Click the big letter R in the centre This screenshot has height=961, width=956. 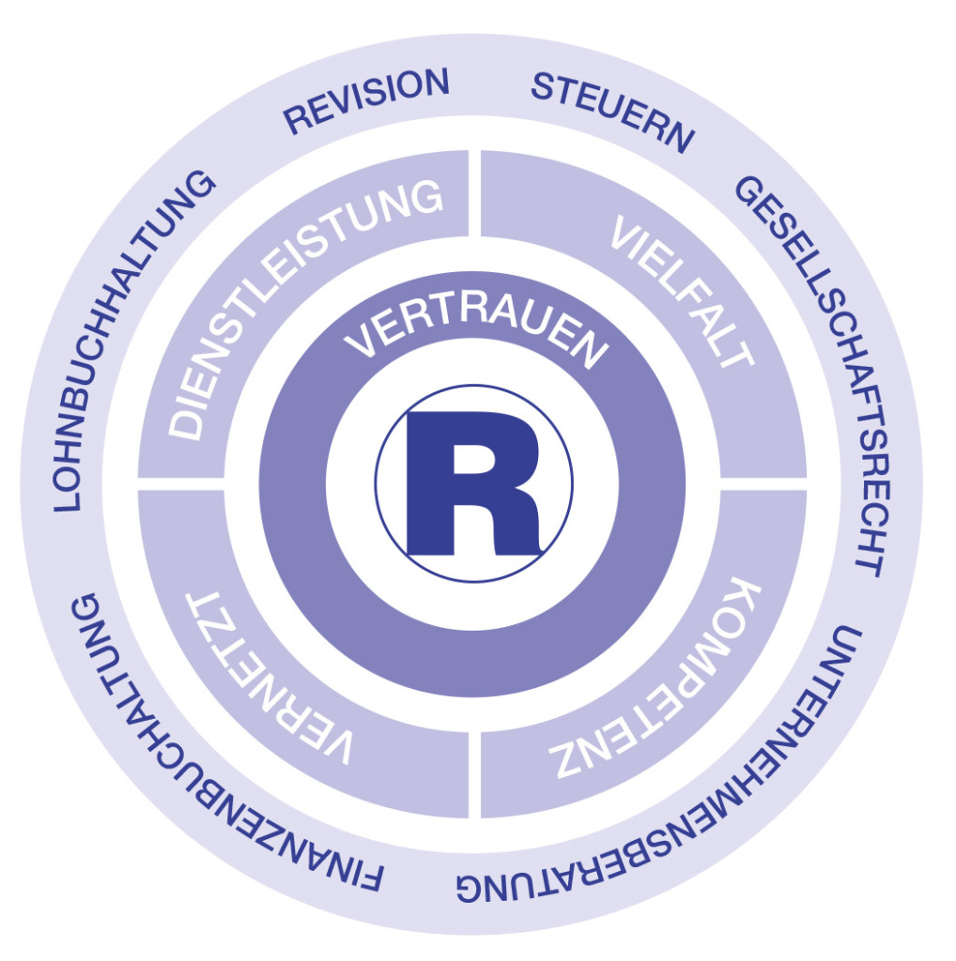472,484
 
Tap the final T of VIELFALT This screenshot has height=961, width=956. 737,355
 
